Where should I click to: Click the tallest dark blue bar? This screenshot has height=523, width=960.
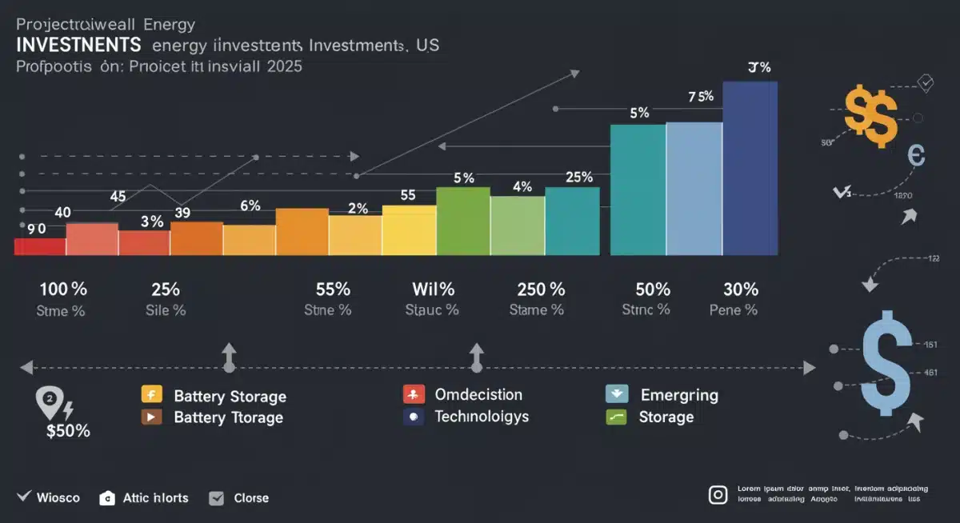(x=750, y=168)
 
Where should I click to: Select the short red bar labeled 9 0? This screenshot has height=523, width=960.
(x=40, y=246)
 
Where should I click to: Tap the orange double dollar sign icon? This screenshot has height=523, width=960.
(x=870, y=117)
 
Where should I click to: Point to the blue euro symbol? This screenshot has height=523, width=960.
(x=915, y=154)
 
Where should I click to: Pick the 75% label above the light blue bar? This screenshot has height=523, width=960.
(x=700, y=97)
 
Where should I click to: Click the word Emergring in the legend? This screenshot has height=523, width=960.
(x=678, y=395)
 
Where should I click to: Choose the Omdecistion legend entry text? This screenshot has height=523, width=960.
(x=478, y=395)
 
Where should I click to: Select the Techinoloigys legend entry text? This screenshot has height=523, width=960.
(x=482, y=417)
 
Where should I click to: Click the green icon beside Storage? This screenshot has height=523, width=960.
(x=615, y=417)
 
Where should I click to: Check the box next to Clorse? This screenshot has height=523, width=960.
(x=216, y=498)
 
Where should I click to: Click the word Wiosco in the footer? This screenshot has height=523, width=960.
(x=58, y=498)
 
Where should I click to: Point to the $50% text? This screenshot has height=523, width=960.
(x=68, y=432)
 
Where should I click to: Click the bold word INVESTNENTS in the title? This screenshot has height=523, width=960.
(x=78, y=46)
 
